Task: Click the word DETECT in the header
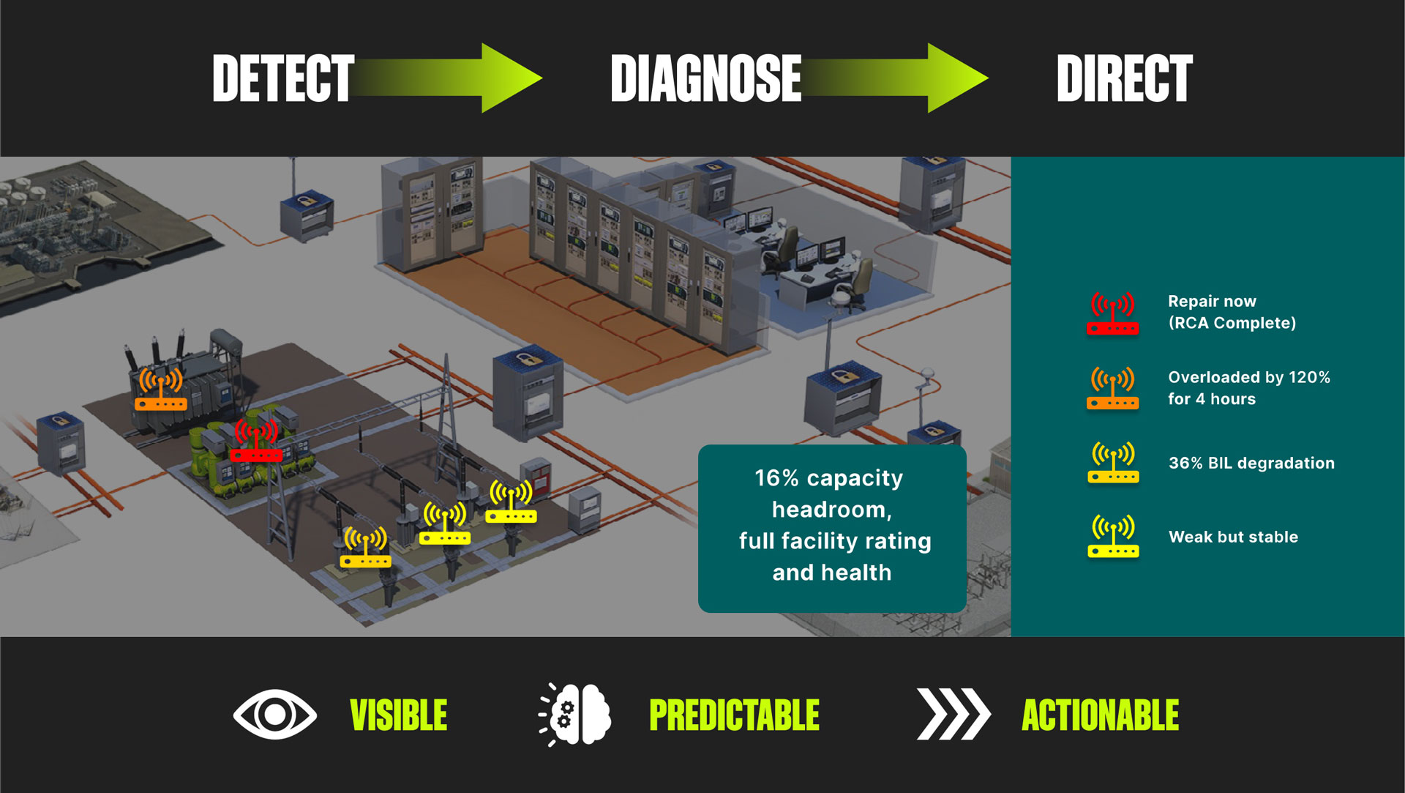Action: tap(283, 78)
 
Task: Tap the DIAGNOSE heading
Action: tap(706, 78)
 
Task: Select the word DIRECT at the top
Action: tap(1125, 78)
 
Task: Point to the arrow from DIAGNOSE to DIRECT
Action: tap(894, 78)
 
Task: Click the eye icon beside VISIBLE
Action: tap(275, 714)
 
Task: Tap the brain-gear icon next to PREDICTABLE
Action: tap(575, 715)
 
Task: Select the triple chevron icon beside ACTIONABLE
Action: tap(953, 714)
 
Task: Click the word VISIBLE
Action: tap(399, 715)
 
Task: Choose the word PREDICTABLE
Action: tap(735, 715)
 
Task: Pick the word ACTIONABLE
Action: tap(1101, 715)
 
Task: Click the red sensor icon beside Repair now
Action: tap(1112, 314)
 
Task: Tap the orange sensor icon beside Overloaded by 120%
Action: tap(1112, 388)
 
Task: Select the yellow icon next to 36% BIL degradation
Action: tap(1113, 462)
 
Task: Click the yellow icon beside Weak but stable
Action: tap(1113, 537)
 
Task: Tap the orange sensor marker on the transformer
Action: tap(161, 389)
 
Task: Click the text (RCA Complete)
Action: tap(1232, 323)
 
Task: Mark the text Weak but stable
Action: tap(1233, 537)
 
